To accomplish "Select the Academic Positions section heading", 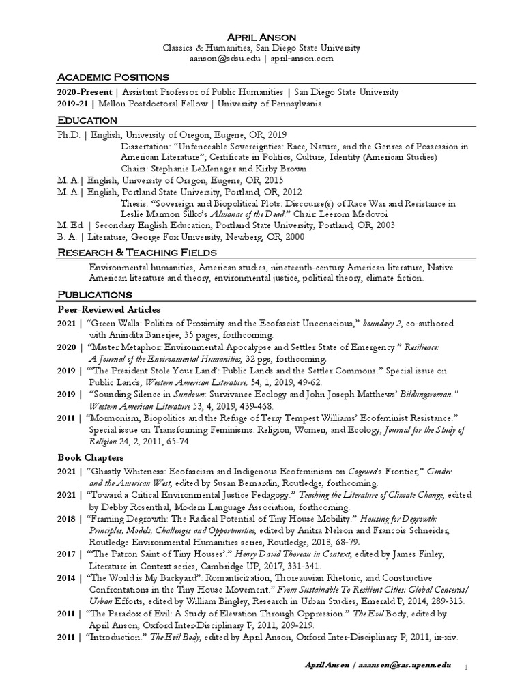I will (x=113, y=76).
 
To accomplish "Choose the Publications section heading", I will (x=95, y=294).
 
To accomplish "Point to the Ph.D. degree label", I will (x=69, y=136).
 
